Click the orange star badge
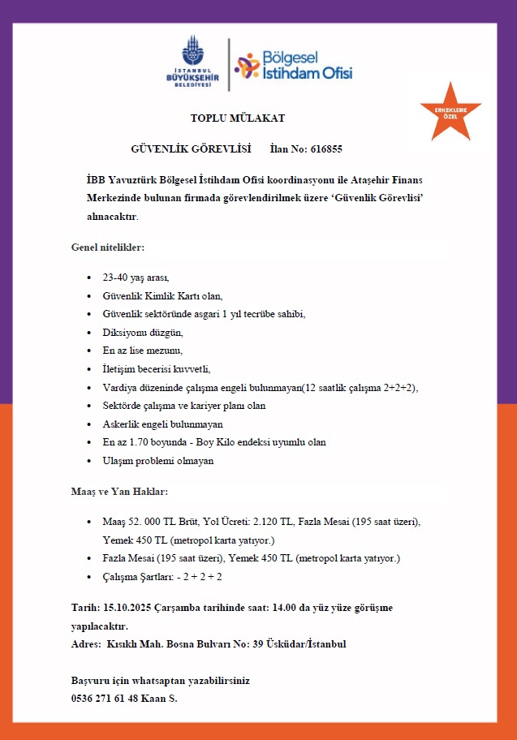(450, 112)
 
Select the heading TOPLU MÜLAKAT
(238, 118)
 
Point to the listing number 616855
(325, 149)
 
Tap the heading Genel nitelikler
(108, 246)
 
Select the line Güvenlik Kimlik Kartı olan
(162, 295)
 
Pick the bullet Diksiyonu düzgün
(143, 332)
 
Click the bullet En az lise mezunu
(143, 351)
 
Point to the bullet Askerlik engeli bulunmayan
(162, 424)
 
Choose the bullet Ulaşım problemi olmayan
(158, 461)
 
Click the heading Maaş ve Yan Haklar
(120, 492)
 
